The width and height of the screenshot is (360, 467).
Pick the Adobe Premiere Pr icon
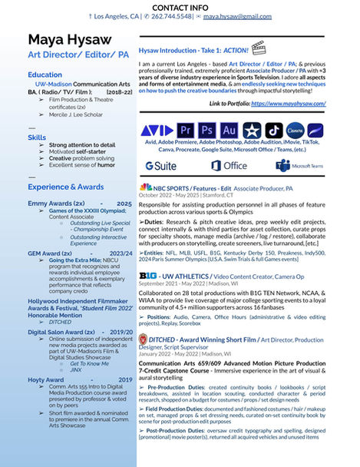click(x=184, y=130)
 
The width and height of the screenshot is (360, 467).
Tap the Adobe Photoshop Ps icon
click(x=206, y=130)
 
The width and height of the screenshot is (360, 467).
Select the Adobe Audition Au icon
click(x=229, y=130)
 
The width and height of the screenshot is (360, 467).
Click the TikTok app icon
click(x=274, y=130)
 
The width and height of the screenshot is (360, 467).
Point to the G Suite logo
click(x=161, y=166)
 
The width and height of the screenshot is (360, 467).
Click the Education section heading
click(x=45, y=75)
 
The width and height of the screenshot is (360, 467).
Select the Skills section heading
click(x=37, y=137)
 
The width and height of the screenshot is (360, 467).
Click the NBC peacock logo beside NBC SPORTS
click(x=145, y=187)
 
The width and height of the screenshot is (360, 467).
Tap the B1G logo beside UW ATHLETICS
click(x=147, y=254)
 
